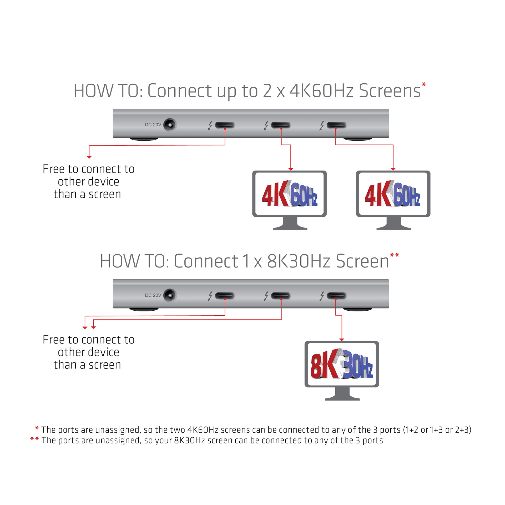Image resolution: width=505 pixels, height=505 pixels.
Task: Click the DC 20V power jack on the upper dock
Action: [170, 125]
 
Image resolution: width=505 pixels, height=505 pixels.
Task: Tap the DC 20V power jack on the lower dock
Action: [170, 295]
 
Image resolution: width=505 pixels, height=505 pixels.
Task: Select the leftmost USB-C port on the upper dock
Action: [225, 125]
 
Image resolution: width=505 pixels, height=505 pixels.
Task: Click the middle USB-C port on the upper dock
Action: [281, 125]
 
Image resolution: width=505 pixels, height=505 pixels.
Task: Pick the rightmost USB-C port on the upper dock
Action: [336, 125]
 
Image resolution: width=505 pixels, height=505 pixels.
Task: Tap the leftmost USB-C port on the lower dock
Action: [225, 296]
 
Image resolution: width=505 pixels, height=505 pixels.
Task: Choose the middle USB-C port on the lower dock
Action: [281, 296]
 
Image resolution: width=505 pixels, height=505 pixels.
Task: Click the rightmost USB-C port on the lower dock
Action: [336, 296]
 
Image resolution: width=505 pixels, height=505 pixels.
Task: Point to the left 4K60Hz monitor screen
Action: [289, 194]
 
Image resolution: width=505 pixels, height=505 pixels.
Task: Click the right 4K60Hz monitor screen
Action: [393, 194]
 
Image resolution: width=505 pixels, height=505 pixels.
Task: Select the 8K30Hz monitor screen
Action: [342, 364]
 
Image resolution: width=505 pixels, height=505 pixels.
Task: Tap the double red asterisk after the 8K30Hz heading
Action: [394, 255]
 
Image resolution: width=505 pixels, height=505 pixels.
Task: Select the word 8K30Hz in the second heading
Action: [299, 261]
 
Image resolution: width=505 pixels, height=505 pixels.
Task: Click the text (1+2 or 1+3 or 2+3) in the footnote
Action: [437, 430]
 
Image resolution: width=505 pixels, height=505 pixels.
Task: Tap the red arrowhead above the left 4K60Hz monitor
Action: [291, 169]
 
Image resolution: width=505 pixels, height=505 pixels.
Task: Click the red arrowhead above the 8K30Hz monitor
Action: [342, 340]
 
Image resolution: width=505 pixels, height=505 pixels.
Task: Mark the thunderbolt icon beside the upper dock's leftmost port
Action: [210, 125]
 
